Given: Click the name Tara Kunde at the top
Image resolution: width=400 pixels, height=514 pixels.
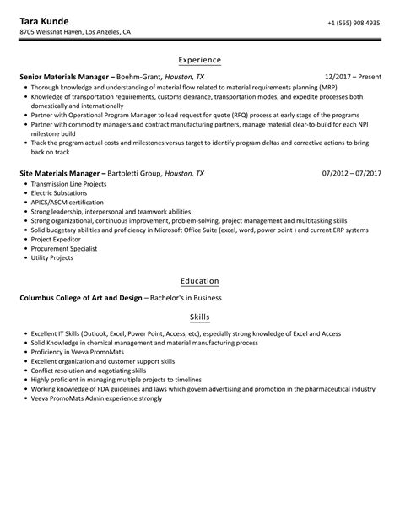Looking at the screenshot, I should point(47,19).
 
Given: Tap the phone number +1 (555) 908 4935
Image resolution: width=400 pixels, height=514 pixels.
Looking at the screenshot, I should point(354,23).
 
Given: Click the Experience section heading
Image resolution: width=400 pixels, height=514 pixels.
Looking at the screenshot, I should point(200,60).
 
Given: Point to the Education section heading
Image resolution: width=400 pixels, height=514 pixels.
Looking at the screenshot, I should point(200,280).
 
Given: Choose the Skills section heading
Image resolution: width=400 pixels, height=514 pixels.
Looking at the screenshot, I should point(200,317).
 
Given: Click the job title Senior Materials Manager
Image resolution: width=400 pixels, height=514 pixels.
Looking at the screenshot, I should point(64,76).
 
